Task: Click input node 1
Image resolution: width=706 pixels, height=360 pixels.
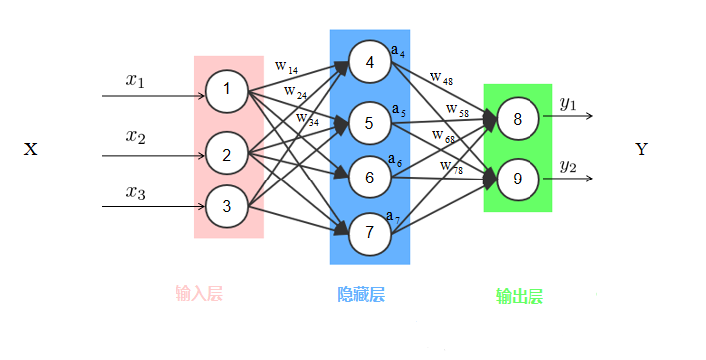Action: tap(226, 91)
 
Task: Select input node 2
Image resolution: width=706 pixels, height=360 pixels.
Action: tap(226, 155)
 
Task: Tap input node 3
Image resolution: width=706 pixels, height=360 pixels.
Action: tap(226, 206)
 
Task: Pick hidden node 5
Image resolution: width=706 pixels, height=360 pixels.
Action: tap(369, 123)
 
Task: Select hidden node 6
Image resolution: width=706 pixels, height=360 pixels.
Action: tap(369, 178)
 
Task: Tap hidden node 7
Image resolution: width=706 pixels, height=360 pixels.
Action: tap(369, 232)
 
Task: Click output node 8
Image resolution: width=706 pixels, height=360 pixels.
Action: tap(518, 120)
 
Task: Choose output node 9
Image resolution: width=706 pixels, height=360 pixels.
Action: tap(518, 179)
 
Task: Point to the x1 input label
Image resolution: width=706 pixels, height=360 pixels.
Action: tap(135, 81)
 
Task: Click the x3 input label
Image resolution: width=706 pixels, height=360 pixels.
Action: tap(135, 193)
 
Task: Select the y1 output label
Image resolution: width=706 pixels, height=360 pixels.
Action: tap(568, 103)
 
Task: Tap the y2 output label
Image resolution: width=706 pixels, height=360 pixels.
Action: tap(568, 166)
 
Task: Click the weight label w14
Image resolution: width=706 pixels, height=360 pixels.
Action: tap(287, 67)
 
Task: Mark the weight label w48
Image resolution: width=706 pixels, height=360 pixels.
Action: tap(440, 77)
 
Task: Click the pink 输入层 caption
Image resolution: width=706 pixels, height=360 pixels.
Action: tap(198, 293)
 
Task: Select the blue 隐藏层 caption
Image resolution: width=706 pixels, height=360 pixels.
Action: tap(361, 294)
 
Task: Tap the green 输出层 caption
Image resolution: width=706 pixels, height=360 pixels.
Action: tap(519, 296)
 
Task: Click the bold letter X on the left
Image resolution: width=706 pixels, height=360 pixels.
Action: tap(31, 150)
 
